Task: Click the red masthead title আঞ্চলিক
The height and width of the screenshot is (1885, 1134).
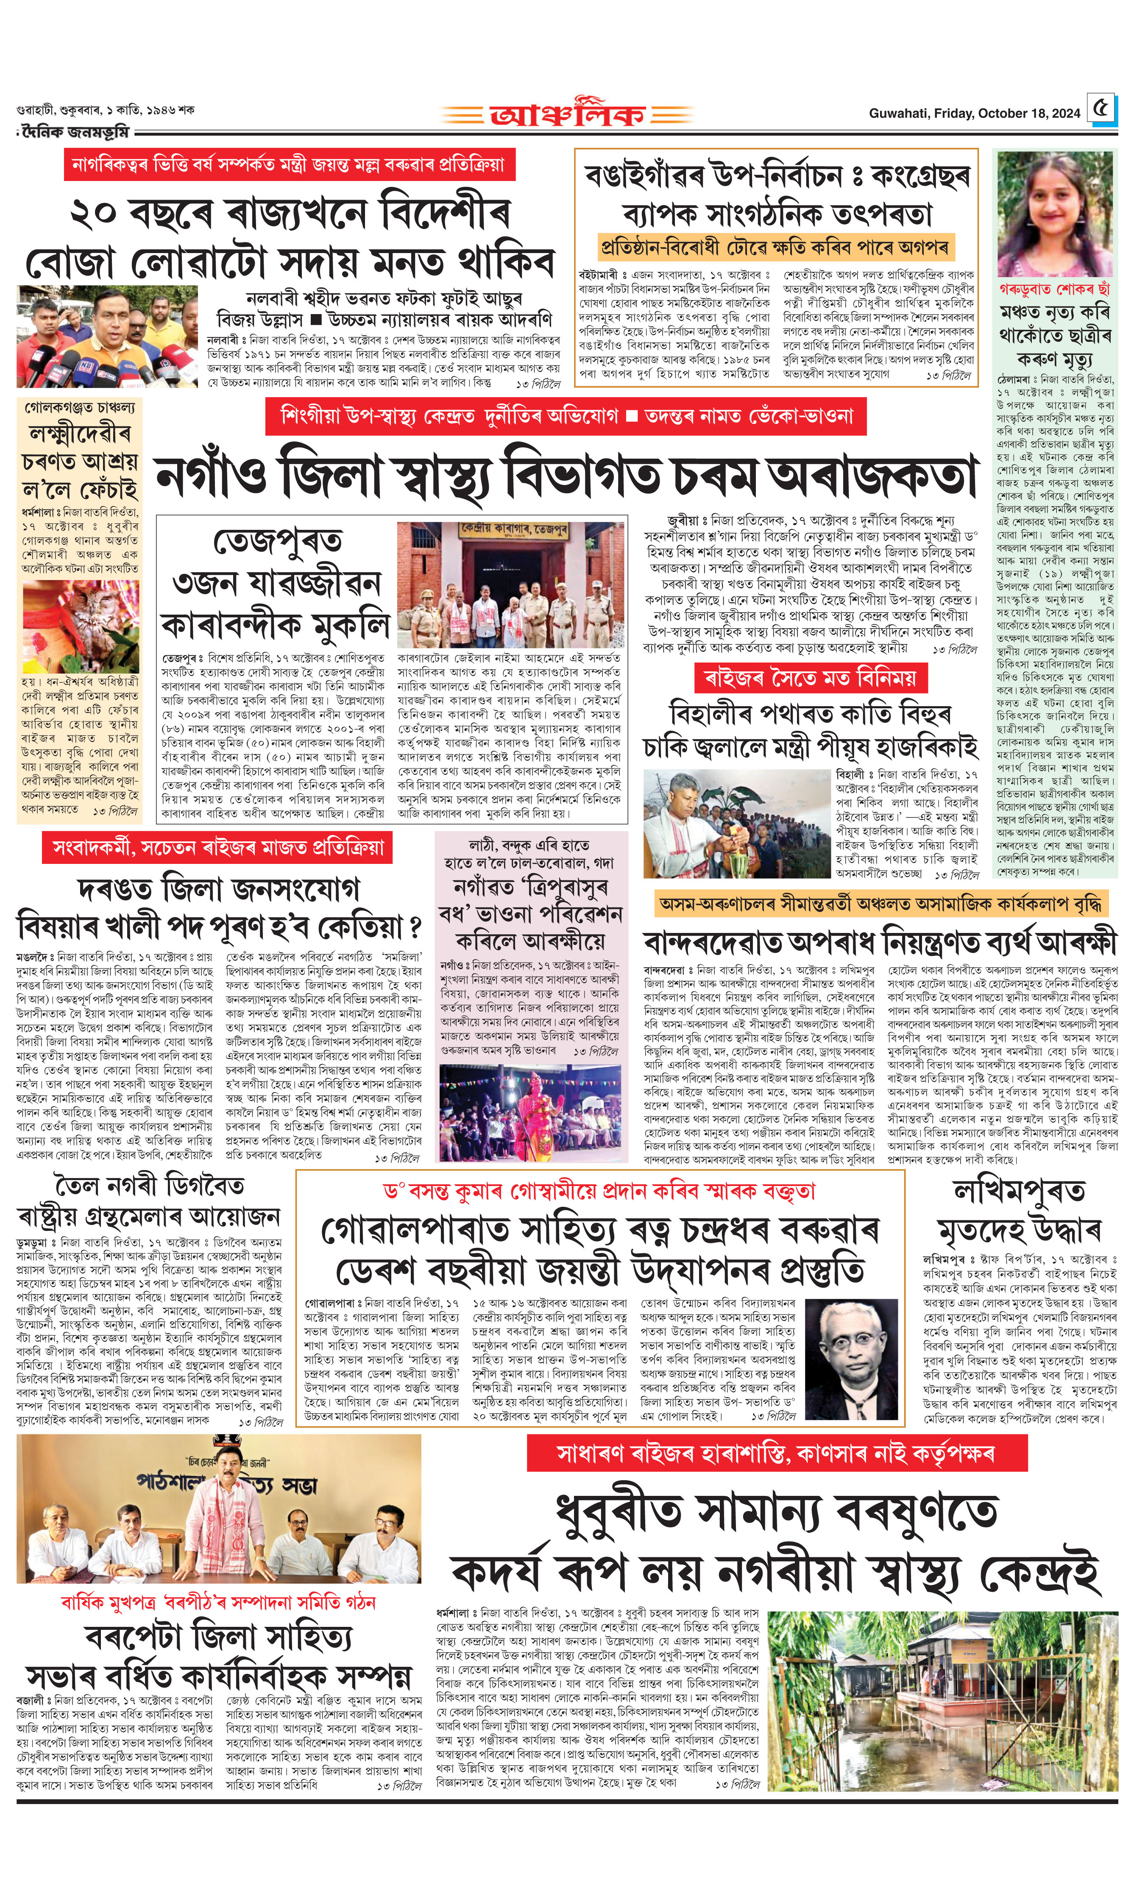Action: (567, 114)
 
